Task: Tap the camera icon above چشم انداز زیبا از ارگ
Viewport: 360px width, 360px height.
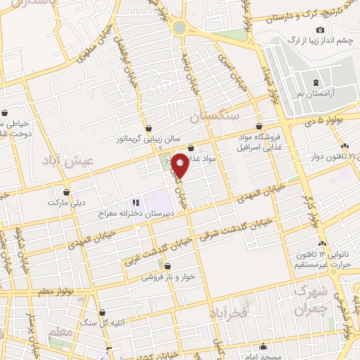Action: click(x=321, y=30)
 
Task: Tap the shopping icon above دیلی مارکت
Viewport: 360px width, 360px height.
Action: click(x=67, y=191)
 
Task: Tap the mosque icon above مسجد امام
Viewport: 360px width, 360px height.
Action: click(x=263, y=345)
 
